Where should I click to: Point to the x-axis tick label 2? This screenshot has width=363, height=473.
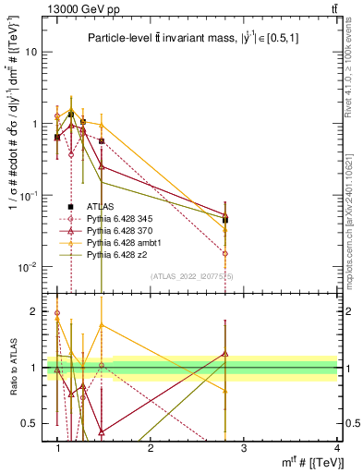coord(151,447)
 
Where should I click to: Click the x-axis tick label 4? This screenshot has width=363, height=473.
coord(337,447)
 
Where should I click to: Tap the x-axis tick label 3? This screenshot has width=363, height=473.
coord(244,447)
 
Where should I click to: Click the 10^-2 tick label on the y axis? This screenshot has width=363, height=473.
coord(28,267)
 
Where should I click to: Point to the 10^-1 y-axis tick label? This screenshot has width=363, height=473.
coord(28,195)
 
